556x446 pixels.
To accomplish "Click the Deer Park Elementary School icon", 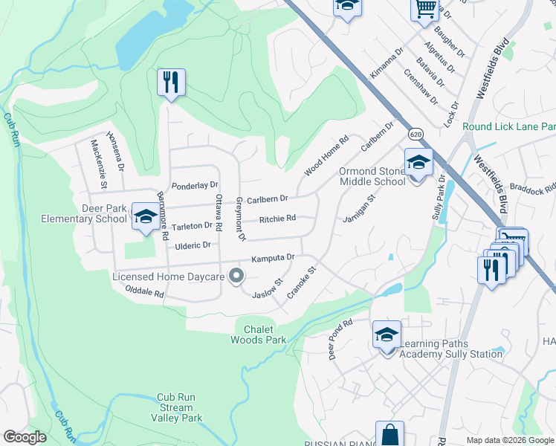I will (146, 216).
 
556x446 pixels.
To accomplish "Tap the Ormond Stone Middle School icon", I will (418, 163).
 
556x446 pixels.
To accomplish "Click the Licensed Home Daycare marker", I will (237, 276).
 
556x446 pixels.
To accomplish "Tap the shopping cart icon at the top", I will (424, 8).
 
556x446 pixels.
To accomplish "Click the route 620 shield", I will (415, 133).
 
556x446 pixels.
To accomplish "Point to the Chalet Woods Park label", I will (264, 334).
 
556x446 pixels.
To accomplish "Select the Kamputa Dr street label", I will (274, 257).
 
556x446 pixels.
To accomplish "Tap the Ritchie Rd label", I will (277, 219).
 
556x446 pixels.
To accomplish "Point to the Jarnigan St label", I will (361, 207).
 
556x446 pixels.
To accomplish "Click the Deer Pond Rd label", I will (340, 340).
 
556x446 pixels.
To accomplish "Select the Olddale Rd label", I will (144, 291).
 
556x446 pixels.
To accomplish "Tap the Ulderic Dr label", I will (193, 245).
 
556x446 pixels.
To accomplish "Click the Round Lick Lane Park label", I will (508, 126).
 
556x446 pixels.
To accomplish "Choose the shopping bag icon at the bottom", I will (389, 435).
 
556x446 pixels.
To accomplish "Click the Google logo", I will (25, 437).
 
